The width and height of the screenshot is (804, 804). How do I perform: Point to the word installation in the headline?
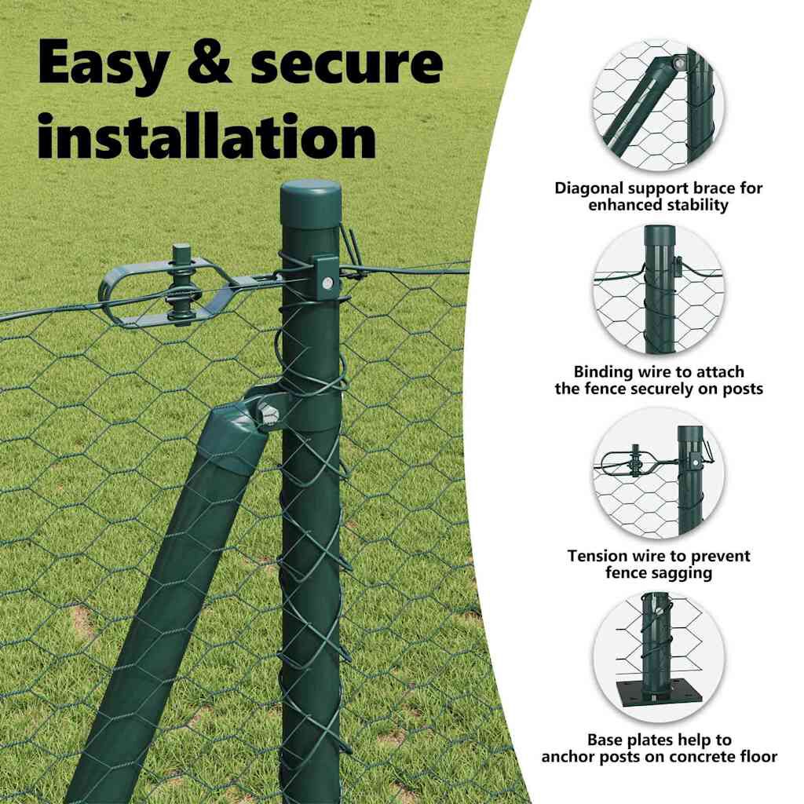(x=207, y=135)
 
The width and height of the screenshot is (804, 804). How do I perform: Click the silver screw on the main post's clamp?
(x=327, y=282)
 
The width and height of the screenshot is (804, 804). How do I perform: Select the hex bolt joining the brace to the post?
(x=267, y=413)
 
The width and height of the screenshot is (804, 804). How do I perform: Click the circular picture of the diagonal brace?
(x=659, y=107)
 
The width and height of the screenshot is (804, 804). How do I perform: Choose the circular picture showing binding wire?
(x=659, y=290)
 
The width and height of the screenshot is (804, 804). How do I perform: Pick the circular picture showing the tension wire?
(x=659, y=473)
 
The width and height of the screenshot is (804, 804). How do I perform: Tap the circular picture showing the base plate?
(x=659, y=658)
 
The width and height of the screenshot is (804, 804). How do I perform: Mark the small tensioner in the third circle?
(x=636, y=461)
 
